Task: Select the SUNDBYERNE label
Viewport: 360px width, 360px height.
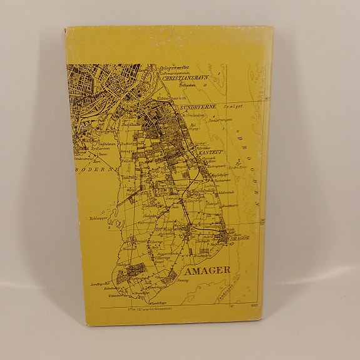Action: pyautogui.click(x=198, y=107)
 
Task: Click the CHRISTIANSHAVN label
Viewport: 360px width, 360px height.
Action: pyautogui.click(x=186, y=80)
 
